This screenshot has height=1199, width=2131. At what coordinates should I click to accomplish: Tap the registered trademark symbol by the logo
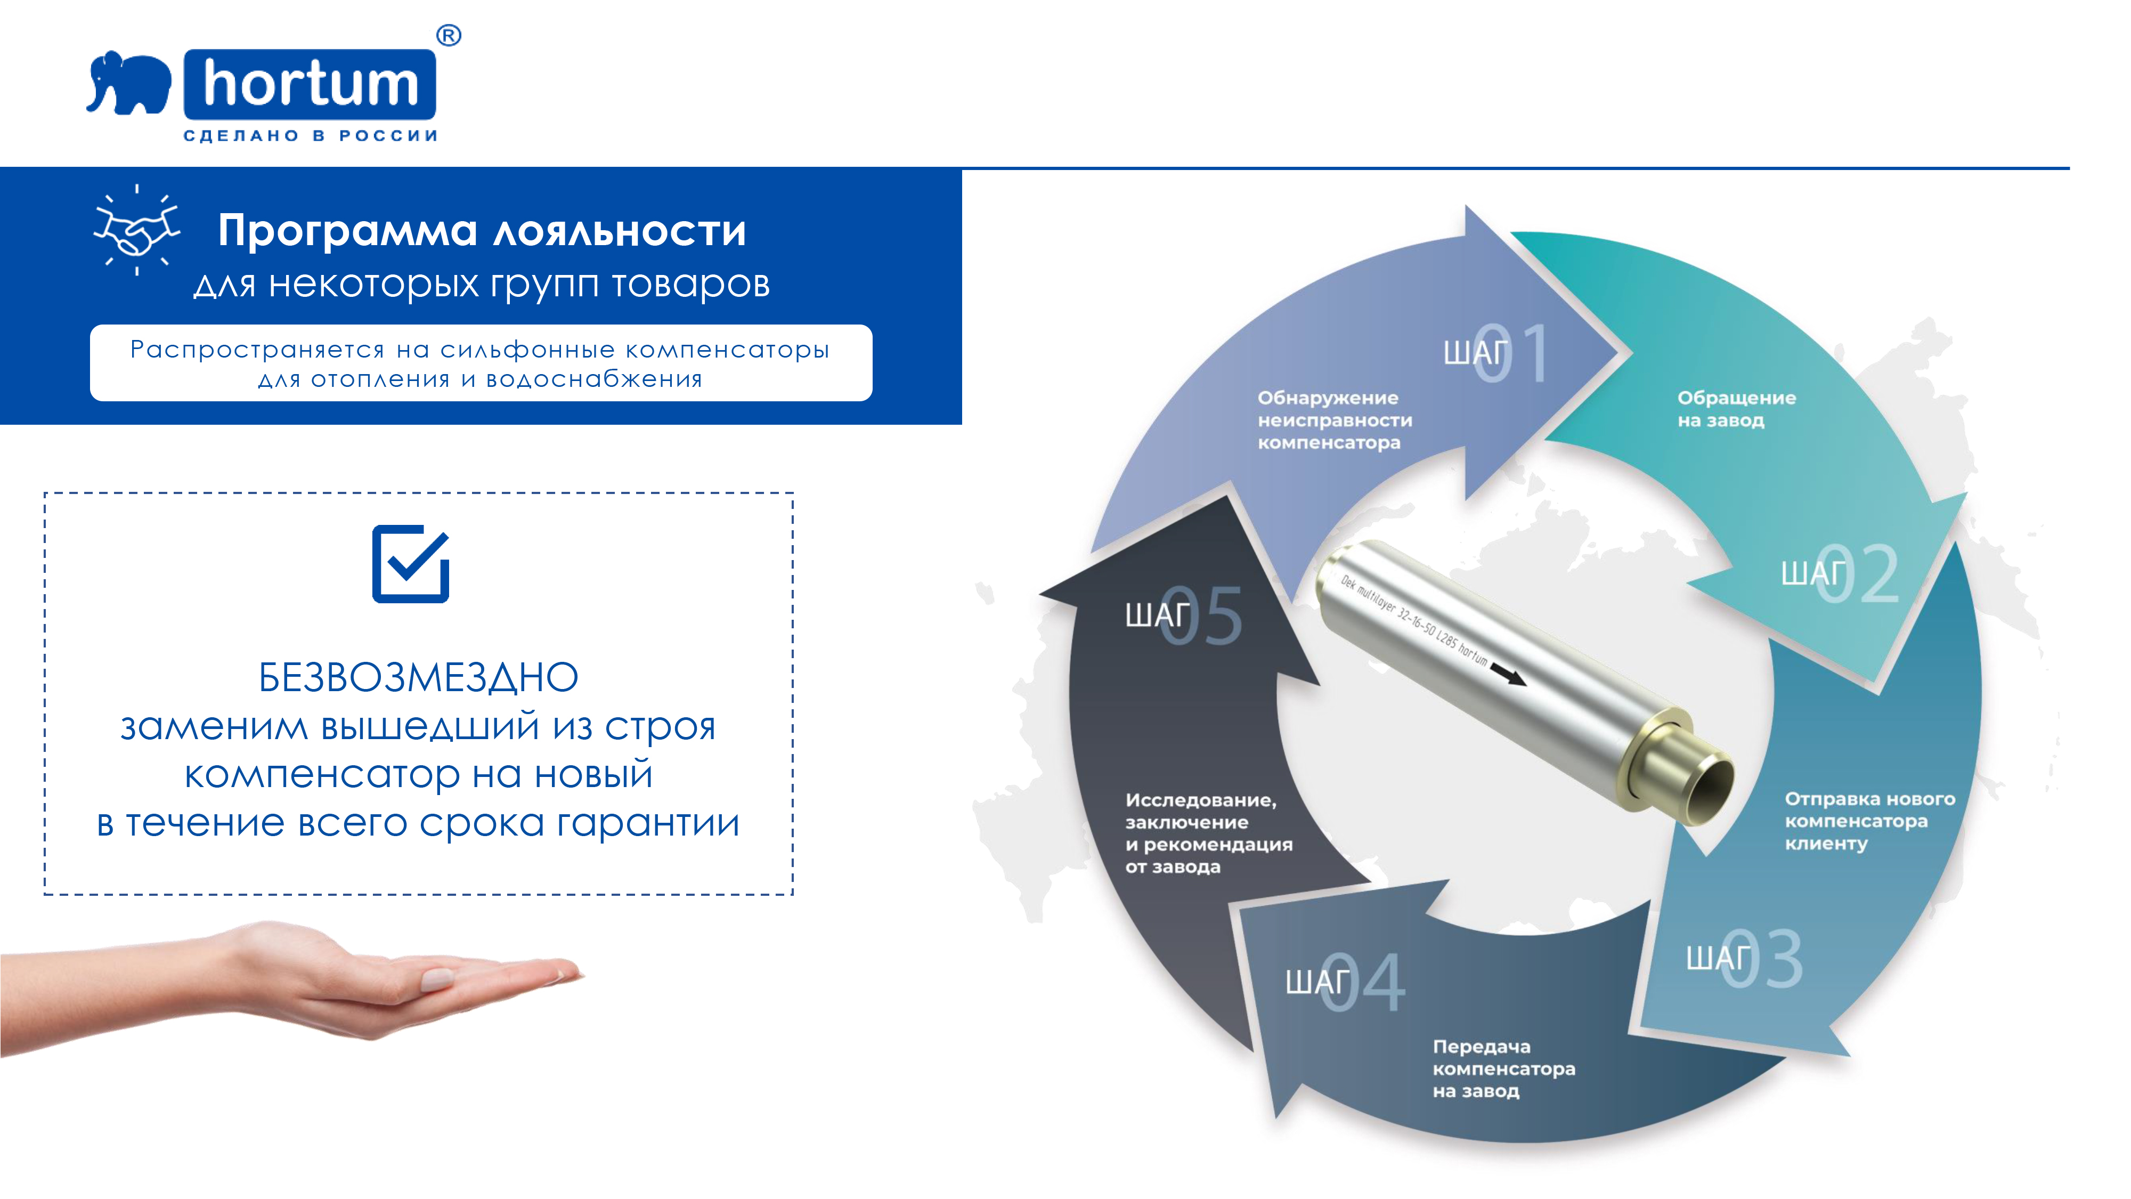tap(449, 36)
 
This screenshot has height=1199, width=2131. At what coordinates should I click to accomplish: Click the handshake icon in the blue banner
tap(136, 229)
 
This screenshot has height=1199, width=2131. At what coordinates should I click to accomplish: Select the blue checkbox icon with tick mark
tap(411, 563)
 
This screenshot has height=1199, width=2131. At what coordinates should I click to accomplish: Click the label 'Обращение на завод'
tap(1736, 409)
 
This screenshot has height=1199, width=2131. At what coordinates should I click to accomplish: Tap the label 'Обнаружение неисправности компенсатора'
tap(1335, 420)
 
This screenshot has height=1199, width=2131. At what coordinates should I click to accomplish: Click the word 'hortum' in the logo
tap(311, 84)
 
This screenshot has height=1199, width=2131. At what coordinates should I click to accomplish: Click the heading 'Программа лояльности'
tap(482, 230)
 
